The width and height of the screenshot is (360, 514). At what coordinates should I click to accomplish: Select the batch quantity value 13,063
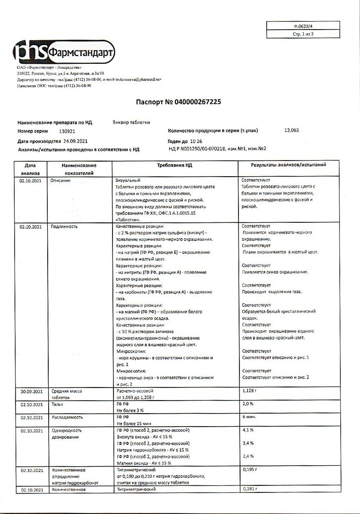click(x=291, y=131)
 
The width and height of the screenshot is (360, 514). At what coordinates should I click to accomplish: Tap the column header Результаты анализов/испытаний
click(x=289, y=165)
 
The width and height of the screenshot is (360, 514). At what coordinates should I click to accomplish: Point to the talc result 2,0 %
click(x=248, y=404)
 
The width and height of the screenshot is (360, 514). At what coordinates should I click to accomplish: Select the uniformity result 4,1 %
click(x=248, y=430)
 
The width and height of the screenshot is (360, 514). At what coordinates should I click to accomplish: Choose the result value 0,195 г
click(x=250, y=470)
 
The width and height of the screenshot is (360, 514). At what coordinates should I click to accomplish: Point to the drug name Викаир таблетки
click(x=132, y=121)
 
